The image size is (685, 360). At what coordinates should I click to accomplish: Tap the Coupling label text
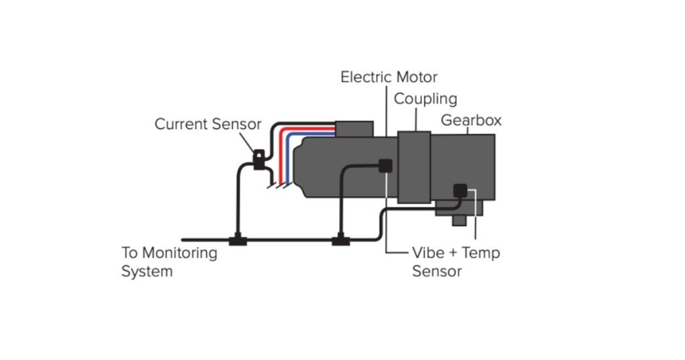425,99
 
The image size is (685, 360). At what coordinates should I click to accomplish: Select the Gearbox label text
471,120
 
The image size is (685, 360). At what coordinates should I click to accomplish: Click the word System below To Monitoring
146,271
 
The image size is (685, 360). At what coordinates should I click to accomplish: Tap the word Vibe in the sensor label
428,253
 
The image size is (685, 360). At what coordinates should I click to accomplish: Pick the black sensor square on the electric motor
385,166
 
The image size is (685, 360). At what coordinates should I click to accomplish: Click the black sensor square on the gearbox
460,190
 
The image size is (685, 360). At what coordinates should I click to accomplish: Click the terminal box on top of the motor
354,129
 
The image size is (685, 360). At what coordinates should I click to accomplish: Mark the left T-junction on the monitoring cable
237,240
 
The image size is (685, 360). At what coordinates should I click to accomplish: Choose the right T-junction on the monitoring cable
341,240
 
